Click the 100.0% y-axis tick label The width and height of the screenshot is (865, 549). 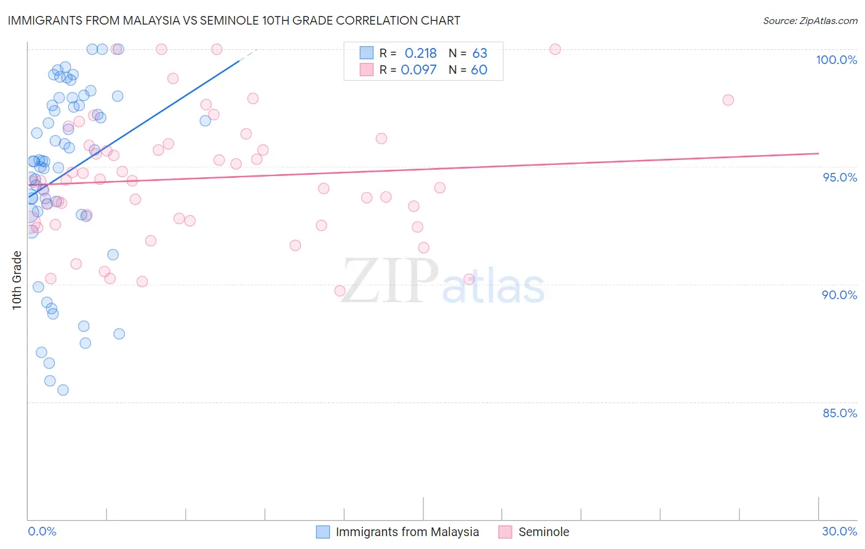coord(836,60)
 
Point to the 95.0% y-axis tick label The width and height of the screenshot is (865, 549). coord(839,177)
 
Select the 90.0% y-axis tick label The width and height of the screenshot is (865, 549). coord(839,295)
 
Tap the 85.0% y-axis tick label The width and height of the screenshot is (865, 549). coord(839,413)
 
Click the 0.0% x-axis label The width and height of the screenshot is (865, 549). coord(42,531)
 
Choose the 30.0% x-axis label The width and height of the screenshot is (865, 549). coord(839,531)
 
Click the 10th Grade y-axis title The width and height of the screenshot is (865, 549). coord(17,280)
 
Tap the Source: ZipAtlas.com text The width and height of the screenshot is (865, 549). coord(810,21)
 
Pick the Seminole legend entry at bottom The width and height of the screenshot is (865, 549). coord(543,532)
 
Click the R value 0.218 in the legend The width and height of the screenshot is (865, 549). coord(420,54)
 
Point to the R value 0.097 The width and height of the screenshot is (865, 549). coord(418,70)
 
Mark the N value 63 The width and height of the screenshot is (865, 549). coord(479,54)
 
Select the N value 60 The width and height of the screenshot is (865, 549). coord(479,70)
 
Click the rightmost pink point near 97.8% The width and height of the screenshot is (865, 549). coord(728,100)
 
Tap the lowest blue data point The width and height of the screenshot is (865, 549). coord(63,390)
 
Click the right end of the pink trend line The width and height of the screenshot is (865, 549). coord(818,153)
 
